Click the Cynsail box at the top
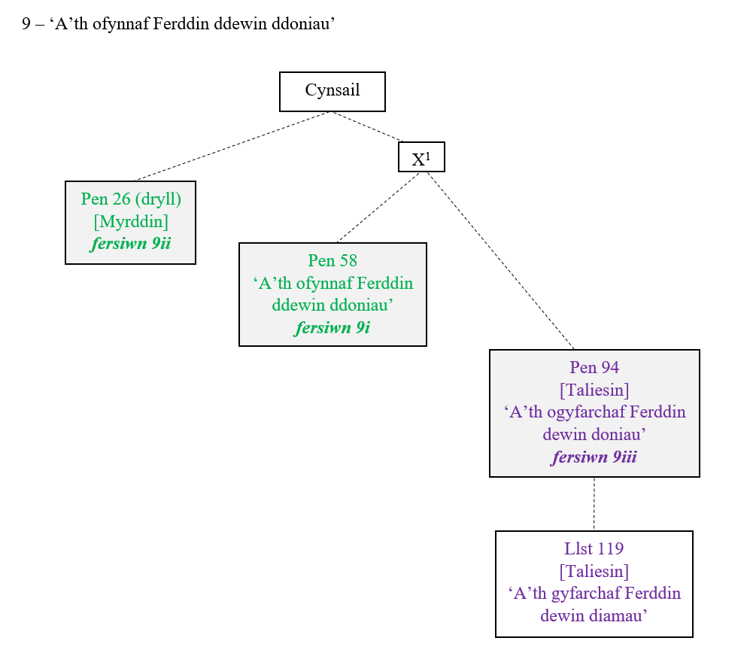332,91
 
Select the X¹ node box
421,158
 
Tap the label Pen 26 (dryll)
131,199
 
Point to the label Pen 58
332,261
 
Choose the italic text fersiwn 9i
332,327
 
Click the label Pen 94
594,368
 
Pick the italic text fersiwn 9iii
594,457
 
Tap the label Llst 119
594,548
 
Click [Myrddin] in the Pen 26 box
131,222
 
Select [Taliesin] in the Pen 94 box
594,390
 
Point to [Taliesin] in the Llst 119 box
594,571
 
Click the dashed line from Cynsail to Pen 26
232,147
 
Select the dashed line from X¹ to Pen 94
500,260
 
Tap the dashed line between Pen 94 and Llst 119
594,504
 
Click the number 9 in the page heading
26,24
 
